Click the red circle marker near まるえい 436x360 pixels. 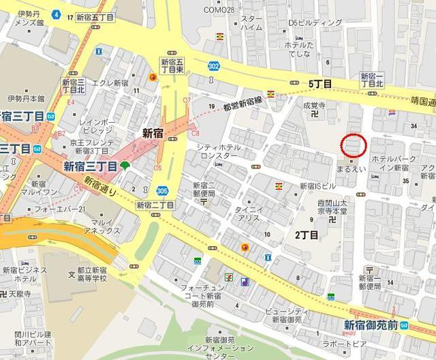coord(354,145)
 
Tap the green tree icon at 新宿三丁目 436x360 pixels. coord(125,166)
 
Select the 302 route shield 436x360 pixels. coord(213,66)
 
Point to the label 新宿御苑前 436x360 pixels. coord(371,324)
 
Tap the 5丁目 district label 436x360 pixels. coord(320,84)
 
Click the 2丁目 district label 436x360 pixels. coord(306,235)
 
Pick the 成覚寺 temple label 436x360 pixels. coord(314,106)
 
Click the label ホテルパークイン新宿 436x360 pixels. coord(393,162)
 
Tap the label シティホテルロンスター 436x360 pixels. coord(217,151)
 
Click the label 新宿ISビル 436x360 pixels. coord(317,185)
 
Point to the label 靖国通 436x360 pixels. coord(422,100)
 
